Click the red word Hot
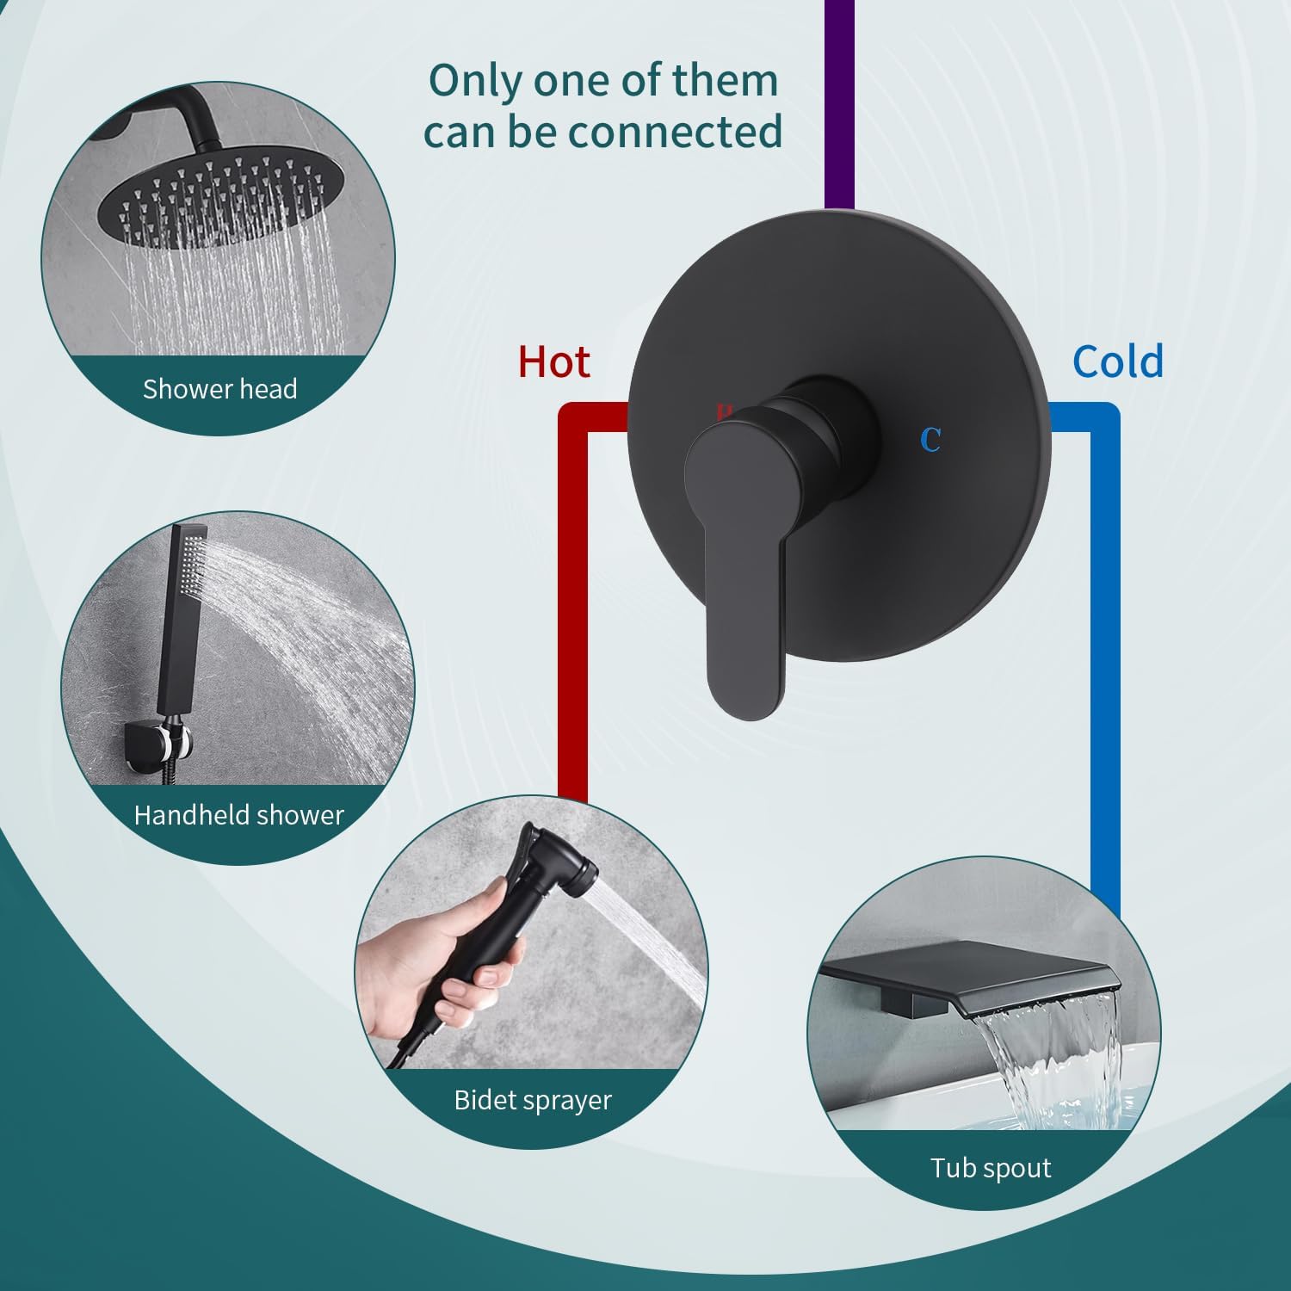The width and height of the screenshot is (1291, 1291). tap(553, 362)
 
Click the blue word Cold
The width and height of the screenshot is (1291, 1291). tap(1117, 361)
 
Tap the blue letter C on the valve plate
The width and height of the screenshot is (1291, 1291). tap(930, 440)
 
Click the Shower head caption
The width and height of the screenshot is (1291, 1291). tap(219, 389)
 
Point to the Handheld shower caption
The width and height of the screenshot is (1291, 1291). tap(238, 814)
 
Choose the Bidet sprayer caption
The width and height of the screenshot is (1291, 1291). tap(533, 1100)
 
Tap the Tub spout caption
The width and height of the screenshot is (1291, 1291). tap(991, 1168)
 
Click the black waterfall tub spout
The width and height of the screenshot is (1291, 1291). tap(973, 977)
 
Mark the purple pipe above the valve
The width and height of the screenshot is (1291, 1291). tap(839, 103)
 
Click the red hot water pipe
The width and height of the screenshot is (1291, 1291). tap(573, 602)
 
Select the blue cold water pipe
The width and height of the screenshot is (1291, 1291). tap(1105, 645)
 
